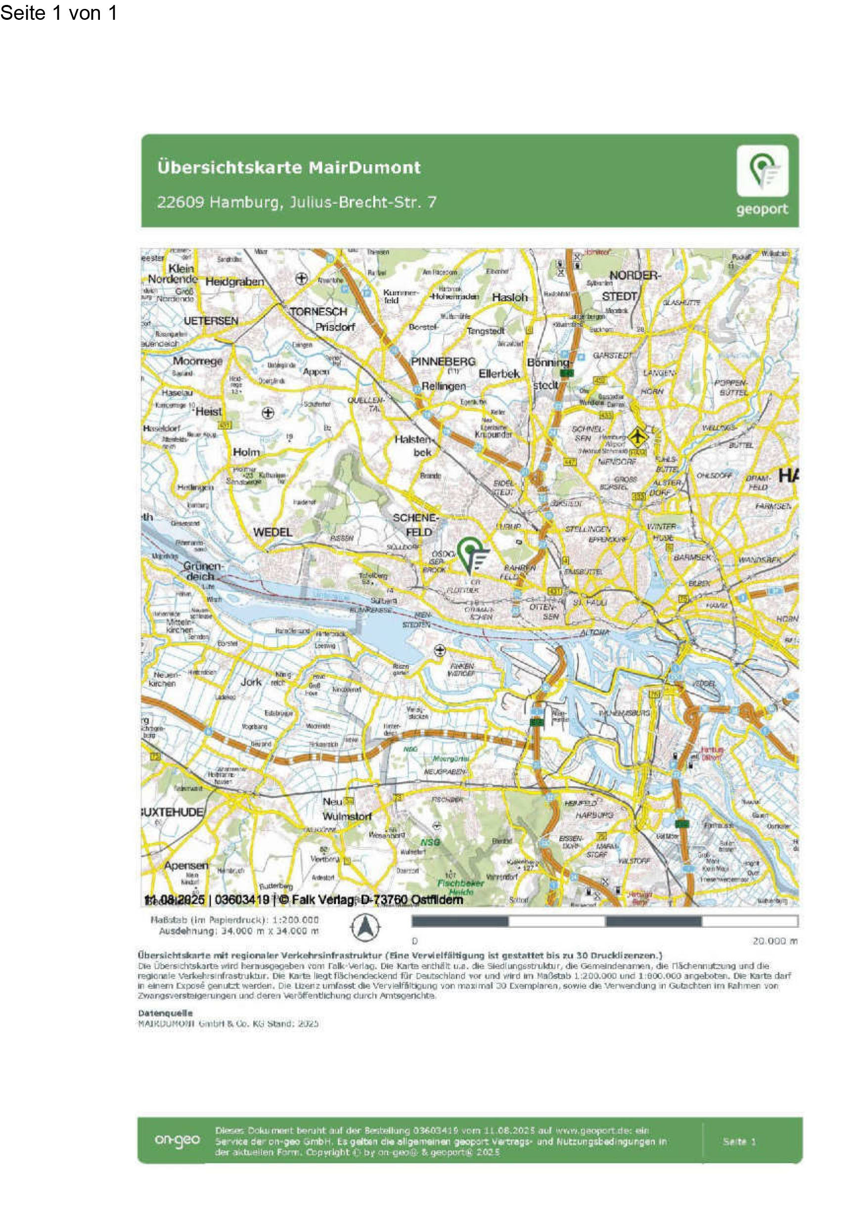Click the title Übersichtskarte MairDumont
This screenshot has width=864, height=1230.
pyautogui.click(x=289, y=167)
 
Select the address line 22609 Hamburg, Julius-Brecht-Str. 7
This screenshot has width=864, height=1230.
pyautogui.click(x=296, y=202)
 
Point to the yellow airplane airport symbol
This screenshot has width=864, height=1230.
pyautogui.click(x=637, y=436)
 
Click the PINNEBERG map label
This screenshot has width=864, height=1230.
pyautogui.click(x=443, y=362)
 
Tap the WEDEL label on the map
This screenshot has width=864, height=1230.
pyautogui.click(x=273, y=532)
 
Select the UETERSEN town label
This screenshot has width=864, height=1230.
pyautogui.click(x=211, y=321)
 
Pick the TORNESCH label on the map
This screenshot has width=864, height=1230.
pyautogui.click(x=318, y=311)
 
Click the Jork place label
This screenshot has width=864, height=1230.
pyautogui.click(x=251, y=682)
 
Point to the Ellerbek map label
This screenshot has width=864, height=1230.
pyautogui.click(x=499, y=374)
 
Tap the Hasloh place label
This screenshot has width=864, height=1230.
pyautogui.click(x=509, y=297)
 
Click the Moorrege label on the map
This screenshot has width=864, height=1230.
pyautogui.click(x=197, y=361)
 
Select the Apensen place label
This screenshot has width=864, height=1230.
pyautogui.click(x=186, y=865)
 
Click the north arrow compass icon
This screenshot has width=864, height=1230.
pyautogui.click(x=365, y=926)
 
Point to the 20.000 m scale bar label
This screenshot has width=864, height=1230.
pyautogui.click(x=774, y=941)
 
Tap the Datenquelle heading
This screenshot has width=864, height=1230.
pyautogui.click(x=165, y=1013)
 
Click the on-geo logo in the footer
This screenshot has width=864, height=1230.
pyautogui.click(x=177, y=1139)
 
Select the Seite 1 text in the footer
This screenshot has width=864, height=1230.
pyautogui.click(x=739, y=1141)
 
